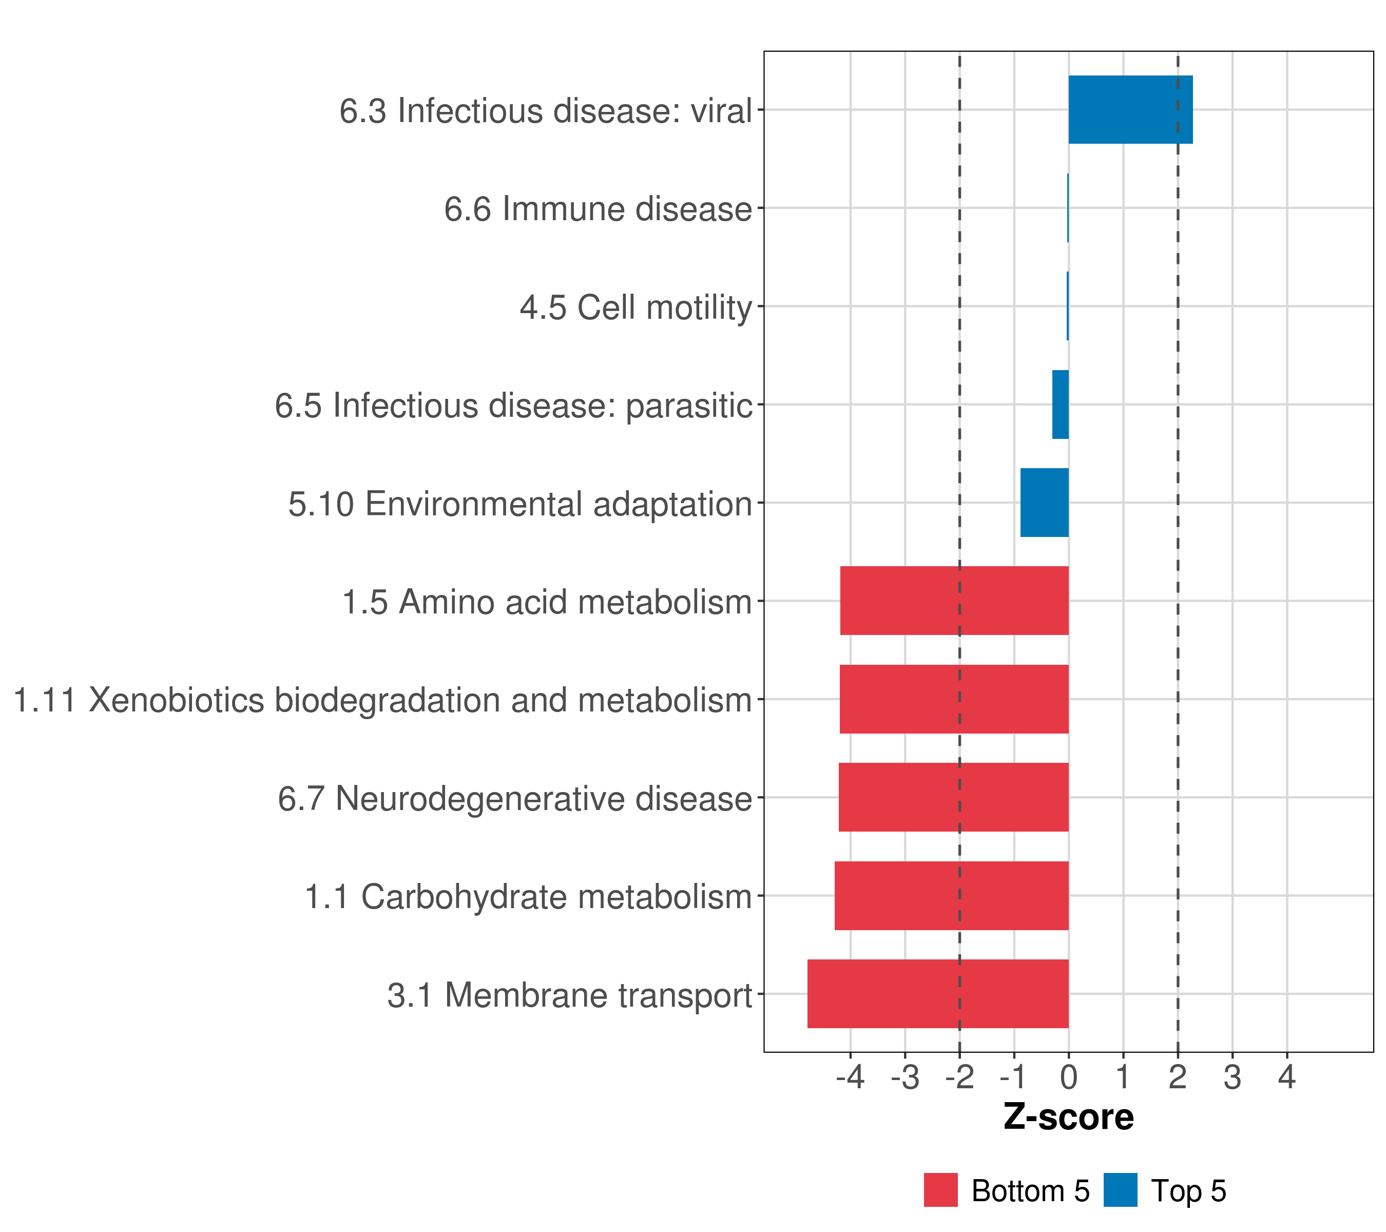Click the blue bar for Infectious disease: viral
(1130, 109)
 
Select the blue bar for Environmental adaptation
(1044, 503)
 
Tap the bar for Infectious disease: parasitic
(1061, 404)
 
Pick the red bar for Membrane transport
(938, 993)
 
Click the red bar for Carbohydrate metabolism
(951, 895)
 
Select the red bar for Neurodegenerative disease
(953, 797)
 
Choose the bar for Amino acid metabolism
(954, 601)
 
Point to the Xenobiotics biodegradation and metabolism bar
(954, 699)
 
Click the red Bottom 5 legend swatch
(940, 1190)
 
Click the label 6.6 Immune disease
(598, 209)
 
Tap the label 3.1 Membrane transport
(570, 995)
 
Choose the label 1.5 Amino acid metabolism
(547, 602)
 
